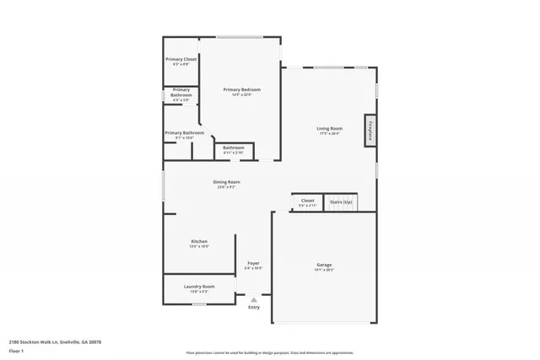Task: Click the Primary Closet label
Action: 181,59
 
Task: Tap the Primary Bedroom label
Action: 241,89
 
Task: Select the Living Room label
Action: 329,128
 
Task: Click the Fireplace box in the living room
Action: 370,131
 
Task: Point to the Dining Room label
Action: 226,182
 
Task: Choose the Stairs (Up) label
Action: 341,201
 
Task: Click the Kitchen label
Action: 198,241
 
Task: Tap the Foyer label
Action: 253,263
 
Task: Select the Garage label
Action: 324,265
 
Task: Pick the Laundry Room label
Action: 199,287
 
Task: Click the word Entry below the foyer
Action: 254,307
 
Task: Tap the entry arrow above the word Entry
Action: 254,298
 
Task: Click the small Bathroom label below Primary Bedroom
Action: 234,148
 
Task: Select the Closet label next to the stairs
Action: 307,201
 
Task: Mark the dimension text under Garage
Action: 324,270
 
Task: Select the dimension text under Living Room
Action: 329,133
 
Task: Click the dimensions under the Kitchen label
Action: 198,246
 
